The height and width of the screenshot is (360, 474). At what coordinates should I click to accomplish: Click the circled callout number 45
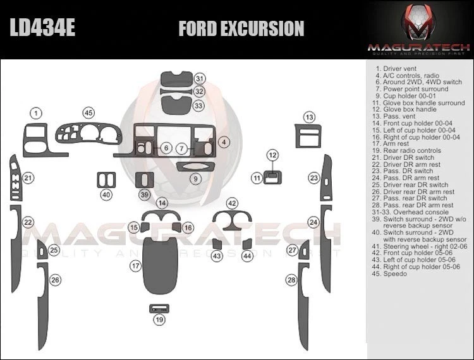88,113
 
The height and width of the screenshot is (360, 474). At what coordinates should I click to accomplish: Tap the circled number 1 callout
37,113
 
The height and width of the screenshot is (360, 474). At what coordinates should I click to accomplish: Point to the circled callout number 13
309,117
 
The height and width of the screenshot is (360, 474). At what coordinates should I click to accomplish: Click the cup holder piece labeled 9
196,167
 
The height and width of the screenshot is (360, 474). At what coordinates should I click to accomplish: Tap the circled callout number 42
232,203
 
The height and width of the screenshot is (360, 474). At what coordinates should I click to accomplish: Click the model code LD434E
42,28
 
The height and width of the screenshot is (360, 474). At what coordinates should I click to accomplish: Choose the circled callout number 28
291,280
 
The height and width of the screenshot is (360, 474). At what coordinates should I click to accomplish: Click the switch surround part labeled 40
106,179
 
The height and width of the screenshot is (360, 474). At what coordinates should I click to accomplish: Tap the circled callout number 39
145,195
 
